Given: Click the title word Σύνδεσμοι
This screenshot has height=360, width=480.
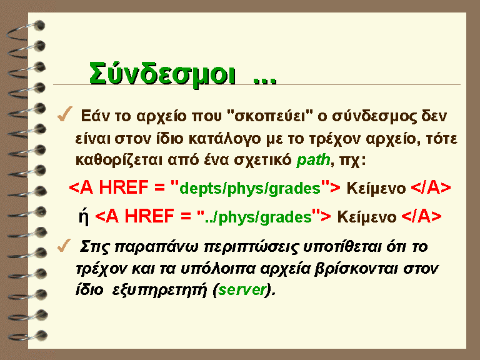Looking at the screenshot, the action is click(x=162, y=74).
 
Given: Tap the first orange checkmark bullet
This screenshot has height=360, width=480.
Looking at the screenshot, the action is click(x=65, y=114).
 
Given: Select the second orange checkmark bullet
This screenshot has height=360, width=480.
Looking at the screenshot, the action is click(x=64, y=246).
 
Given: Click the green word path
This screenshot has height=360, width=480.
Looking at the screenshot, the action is click(x=313, y=160).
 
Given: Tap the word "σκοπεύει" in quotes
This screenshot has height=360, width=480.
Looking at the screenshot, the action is click(x=270, y=116).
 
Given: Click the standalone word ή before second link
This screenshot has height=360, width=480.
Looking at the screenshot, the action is click(x=84, y=216).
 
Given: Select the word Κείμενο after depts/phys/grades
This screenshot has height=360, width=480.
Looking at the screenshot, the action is click(x=376, y=188).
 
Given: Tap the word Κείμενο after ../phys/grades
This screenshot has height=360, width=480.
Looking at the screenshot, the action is click(x=367, y=217).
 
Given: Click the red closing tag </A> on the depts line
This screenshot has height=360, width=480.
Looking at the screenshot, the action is click(x=431, y=187).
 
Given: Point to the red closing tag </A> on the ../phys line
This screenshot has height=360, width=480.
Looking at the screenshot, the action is click(x=421, y=216).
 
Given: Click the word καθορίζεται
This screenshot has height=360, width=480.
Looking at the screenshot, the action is click(x=119, y=160).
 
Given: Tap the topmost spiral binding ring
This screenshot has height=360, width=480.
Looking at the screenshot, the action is click(x=26, y=31).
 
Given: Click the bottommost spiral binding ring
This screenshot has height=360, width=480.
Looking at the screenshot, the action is click(x=28, y=336).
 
